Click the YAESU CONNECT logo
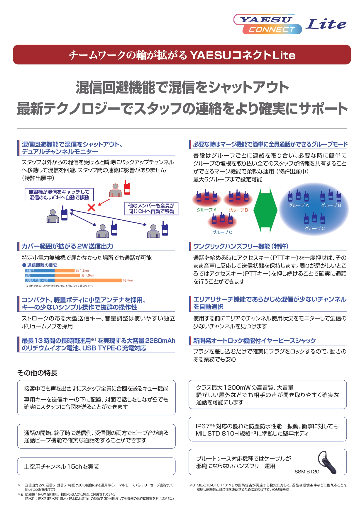pyautogui.click(x=268, y=24)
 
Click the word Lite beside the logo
pyautogui.click(x=326, y=24)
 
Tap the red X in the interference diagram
pyautogui.click(x=92, y=207)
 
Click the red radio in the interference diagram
pyautogui.click(x=127, y=188)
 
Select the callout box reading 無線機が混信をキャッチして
pyautogui.click(x=59, y=195)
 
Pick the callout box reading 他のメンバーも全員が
pyautogui.click(x=151, y=208)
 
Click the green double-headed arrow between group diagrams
pyautogui.click(x=265, y=210)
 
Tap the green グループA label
pyautogui.click(x=206, y=210)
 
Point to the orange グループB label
pyautogui.click(x=238, y=210)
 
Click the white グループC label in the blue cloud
pyautogui.click(x=314, y=229)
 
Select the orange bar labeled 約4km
pyautogui.click(x=88, y=280)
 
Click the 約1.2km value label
pyautogui.click(x=82, y=271)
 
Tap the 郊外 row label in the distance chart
pyautogui.click(x=29, y=275)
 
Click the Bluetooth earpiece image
pyautogui.click(x=327, y=462)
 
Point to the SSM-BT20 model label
pyautogui.click(x=307, y=472)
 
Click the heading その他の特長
pyautogui.click(x=37, y=373)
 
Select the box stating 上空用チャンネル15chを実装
pyautogui.click(x=96, y=467)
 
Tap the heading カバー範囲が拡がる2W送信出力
pyautogui.click(x=67, y=246)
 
